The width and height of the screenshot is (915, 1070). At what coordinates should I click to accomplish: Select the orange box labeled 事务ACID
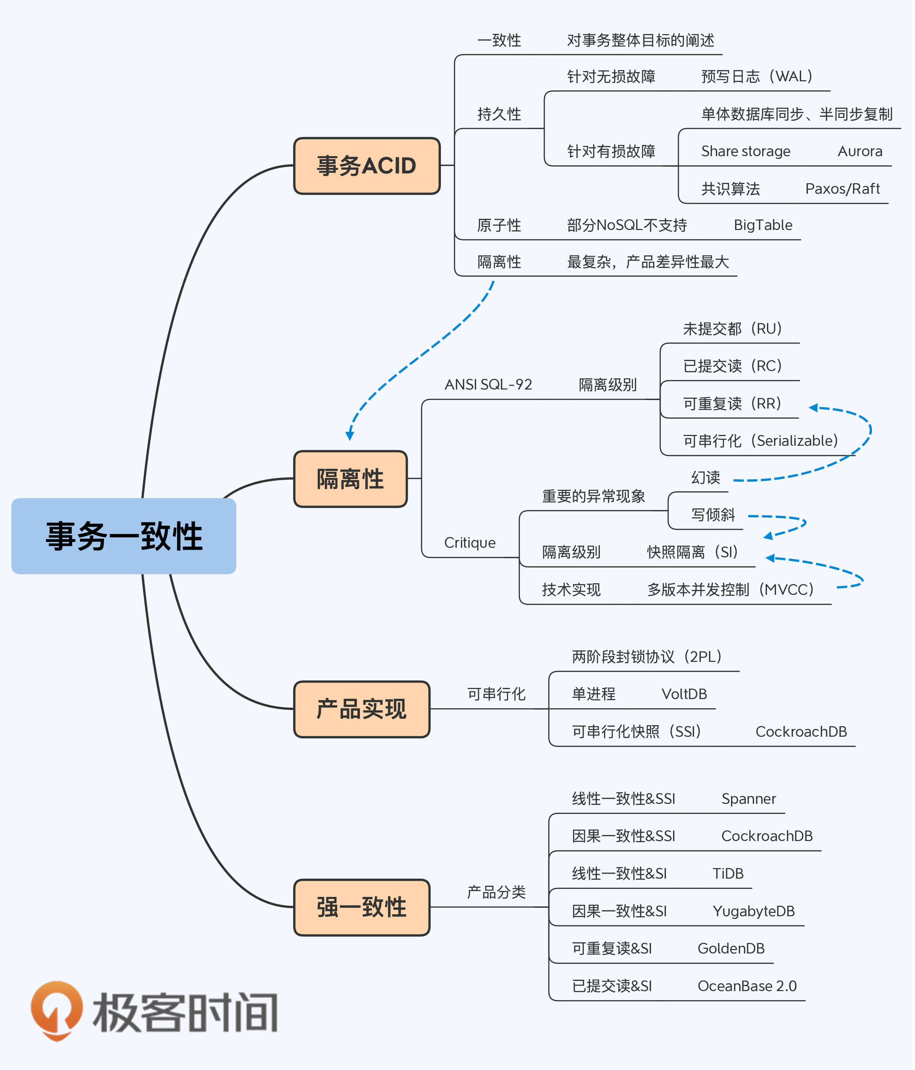pos(367,166)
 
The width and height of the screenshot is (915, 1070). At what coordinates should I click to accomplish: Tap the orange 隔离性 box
pos(350,479)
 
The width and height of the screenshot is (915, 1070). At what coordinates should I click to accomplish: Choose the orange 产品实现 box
pos(362,709)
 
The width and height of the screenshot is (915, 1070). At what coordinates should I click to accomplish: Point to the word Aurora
pos(860,151)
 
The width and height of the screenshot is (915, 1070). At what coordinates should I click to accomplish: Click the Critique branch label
pos(470,543)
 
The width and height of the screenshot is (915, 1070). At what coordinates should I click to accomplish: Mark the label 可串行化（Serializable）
pos(760,440)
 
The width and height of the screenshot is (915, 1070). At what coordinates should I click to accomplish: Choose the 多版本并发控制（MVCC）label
pos(731,589)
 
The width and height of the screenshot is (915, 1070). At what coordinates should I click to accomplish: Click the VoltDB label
pos(684,694)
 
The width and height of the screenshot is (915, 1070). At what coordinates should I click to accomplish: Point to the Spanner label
pos(749,799)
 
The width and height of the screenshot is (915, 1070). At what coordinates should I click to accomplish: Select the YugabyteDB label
pos(754,911)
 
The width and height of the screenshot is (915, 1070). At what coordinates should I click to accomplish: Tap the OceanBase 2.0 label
pos(747,986)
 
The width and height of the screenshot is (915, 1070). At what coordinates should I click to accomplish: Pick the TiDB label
pos(728,874)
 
